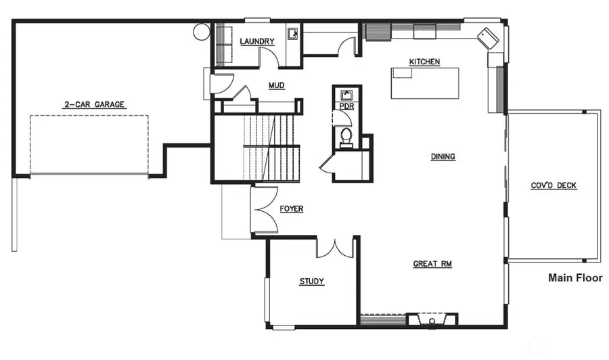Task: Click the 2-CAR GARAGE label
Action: pyautogui.click(x=95, y=104)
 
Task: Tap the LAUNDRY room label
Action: pyautogui.click(x=257, y=41)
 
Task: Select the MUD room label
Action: pyautogui.click(x=275, y=85)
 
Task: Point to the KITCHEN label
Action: pyautogui.click(x=424, y=62)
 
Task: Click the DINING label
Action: pyautogui.click(x=443, y=156)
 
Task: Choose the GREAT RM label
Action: pyautogui.click(x=432, y=264)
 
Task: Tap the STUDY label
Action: pyautogui.click(x=312, y=282)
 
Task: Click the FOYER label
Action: pyautogui.click(x=292, y=209)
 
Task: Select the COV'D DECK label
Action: pyautogui.click(x=554, y=185)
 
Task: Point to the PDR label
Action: pyautogui.click(x=346, y=107)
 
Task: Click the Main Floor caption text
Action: pyautogui.click(x=574, y=277)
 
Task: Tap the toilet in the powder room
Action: pyautogui.click(x=346, y=135)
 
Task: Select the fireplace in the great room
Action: pyautogui.click(x=431, y=319)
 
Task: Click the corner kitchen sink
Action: pyautogui.click(x=487, y=36)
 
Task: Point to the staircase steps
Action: pyautogui.click(x=271, y=147)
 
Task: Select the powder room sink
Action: pyautogui.click(x=346, y=94)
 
